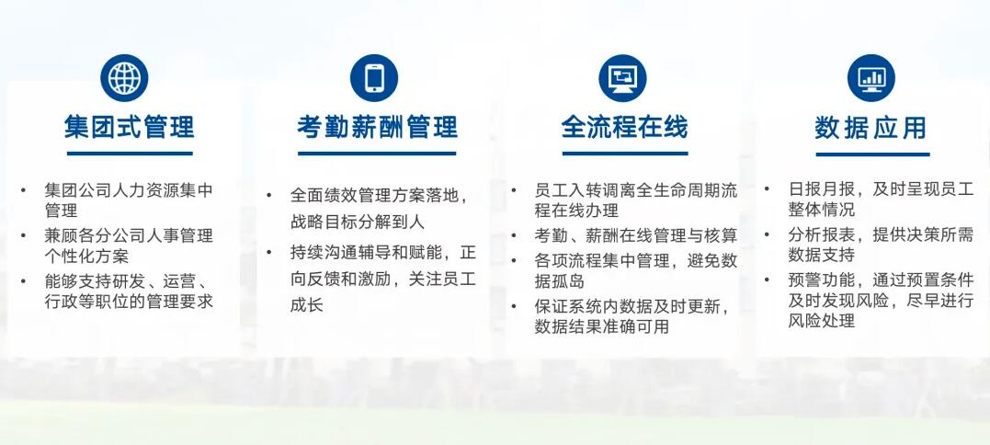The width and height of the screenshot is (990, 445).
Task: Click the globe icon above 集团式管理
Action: (x=124, y=78)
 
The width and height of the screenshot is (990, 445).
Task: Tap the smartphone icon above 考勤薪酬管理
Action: (x=374, y=78)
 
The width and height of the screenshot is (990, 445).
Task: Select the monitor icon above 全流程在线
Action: (x=622, y=78)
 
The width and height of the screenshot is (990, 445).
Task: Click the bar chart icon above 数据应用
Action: (x=871, y=78)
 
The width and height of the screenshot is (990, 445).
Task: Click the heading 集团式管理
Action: (x=130, y=127)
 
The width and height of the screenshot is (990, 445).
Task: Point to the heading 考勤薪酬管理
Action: (x=377, y=127)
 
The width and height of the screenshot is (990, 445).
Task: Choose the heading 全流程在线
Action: (x=625, y=127)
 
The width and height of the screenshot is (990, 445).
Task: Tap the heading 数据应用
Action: (x=871, y=127)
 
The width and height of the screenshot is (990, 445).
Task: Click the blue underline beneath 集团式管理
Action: (x=130, y=153)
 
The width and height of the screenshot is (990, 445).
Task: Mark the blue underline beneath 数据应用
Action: (x=871, y=154)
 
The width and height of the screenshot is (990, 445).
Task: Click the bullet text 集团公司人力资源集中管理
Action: (x=129, y=200)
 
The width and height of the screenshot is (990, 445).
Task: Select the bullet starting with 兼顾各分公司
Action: (x=129, y=245)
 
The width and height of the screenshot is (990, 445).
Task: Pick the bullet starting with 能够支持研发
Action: (x=129, y=291)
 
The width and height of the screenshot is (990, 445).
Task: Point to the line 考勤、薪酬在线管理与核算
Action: (x=635, y=236)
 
